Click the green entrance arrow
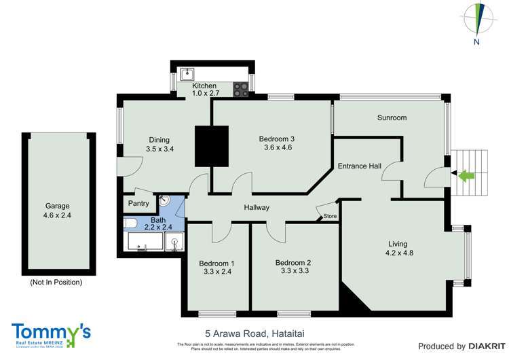click(466, 177)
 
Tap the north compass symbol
click(477, 20)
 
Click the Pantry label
click(138, 203)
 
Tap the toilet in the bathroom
click(132, 223)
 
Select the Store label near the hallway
click(330, 216)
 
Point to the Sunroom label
click(392, 118)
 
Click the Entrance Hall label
click(359, 166)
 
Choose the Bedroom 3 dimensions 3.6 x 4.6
click(276, 149)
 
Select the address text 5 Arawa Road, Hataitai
click(253, 334)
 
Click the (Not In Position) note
click(56, 282)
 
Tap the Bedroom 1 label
click(216, 264)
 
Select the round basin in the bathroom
click(164, 202)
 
